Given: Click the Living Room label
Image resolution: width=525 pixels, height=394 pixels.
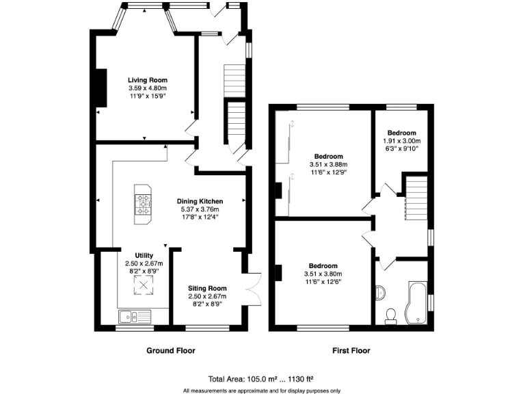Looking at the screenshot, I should click(x=148, y=80).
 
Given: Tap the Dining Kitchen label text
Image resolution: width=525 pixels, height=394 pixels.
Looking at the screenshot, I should click(x=200, y=200).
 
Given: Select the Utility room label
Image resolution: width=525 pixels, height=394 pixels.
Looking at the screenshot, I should click(x=144, y=255).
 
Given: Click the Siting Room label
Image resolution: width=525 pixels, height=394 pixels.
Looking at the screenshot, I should click(x=207, y=288).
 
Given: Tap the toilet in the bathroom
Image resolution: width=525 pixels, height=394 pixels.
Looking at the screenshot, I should click(x=392, y=315).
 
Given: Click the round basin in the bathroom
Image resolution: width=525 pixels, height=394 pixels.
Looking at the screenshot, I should click(x=380, y=293).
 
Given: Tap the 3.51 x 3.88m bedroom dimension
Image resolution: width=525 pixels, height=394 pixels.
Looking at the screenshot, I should click(x=329, y=164).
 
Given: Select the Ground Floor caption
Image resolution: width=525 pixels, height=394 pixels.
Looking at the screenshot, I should click(x=171, y=351).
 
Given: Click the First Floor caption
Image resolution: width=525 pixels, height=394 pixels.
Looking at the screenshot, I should click(x=351, y=351).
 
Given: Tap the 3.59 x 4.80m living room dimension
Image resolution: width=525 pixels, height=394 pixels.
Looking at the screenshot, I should click(x=148, y=88).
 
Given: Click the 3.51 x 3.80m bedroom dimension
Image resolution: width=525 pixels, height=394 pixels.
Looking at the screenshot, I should click(x=323, y=274).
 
